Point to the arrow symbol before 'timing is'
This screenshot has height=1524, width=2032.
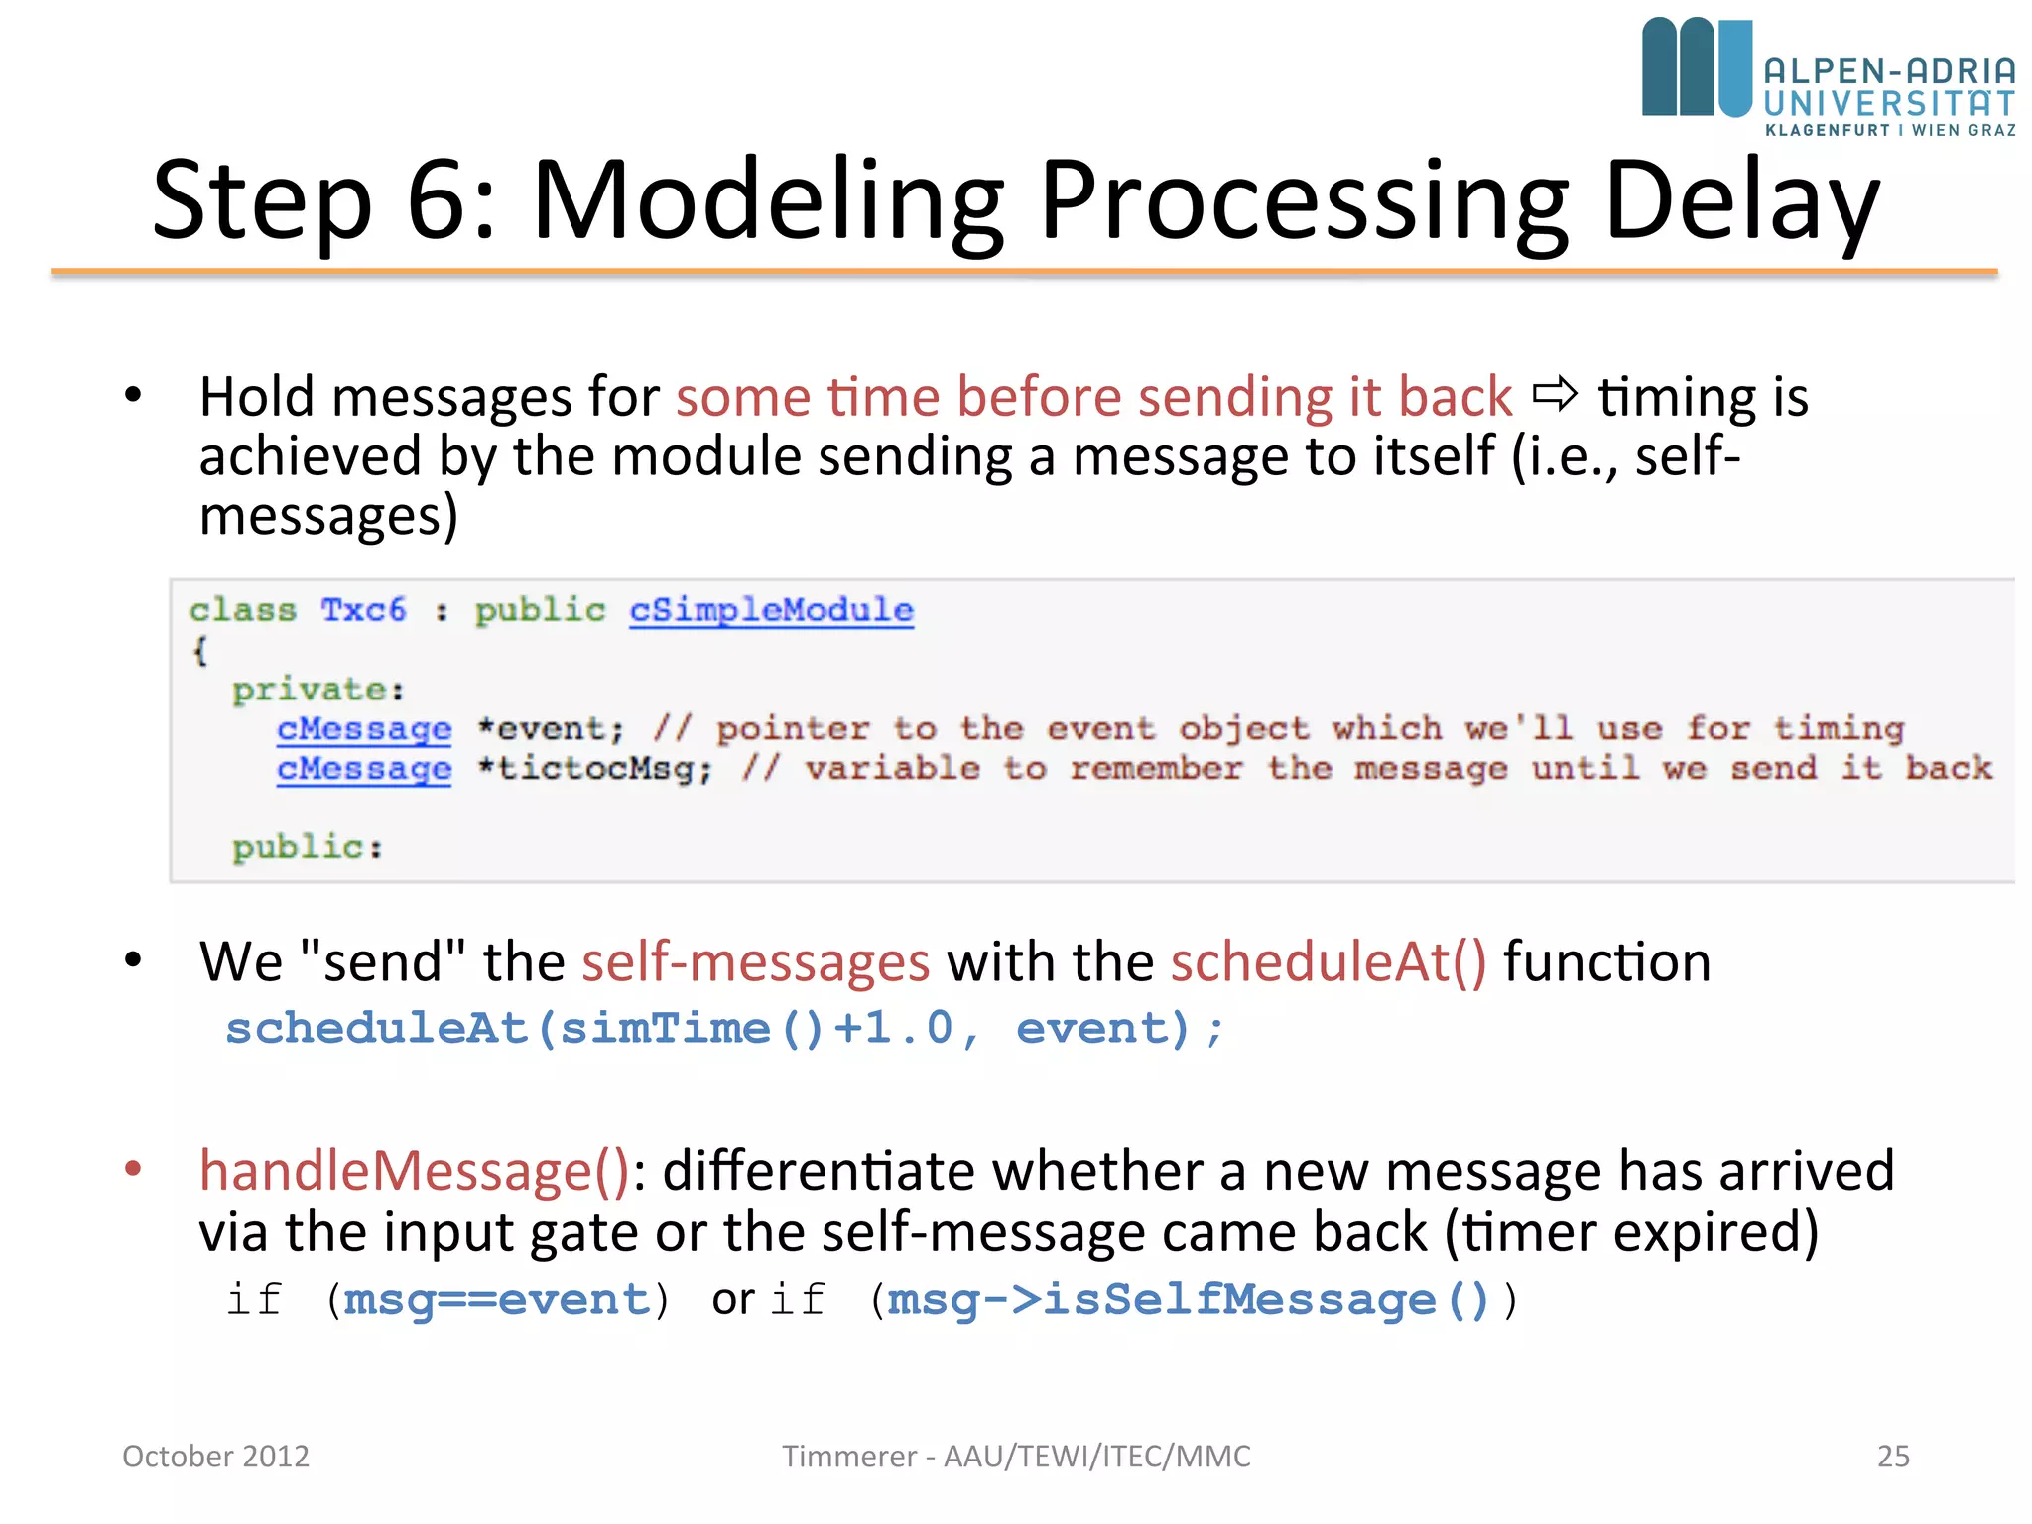1554,395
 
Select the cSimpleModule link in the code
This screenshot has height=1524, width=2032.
771,609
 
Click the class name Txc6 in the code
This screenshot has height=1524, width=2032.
363,609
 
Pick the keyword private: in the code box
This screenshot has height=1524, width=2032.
317,689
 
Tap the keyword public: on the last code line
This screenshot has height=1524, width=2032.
307,847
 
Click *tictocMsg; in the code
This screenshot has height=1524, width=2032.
594,768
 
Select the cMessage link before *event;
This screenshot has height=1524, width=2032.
364,729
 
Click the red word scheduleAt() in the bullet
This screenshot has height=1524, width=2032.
1329,962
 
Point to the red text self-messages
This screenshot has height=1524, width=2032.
755,962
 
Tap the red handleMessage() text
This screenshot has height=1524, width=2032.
415,1171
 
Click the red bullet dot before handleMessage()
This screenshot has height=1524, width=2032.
133,1168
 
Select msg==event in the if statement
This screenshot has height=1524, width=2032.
496,1300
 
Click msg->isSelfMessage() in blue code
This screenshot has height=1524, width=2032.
1188,1300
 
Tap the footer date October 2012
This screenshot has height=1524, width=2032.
215,1456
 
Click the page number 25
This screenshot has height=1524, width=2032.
1892,1456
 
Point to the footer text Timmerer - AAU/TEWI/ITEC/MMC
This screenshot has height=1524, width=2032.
1016,1456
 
